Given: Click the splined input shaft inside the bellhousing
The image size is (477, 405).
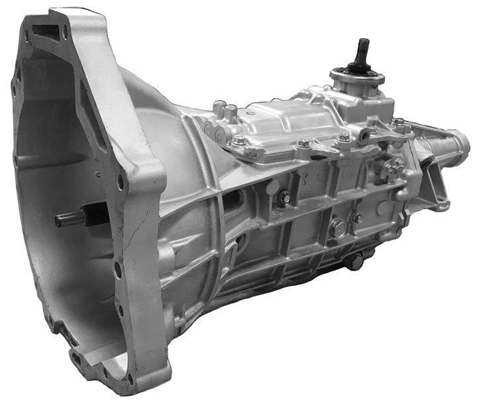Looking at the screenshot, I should (76, 218).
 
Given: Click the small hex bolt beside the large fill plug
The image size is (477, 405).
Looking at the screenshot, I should (358, 217).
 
